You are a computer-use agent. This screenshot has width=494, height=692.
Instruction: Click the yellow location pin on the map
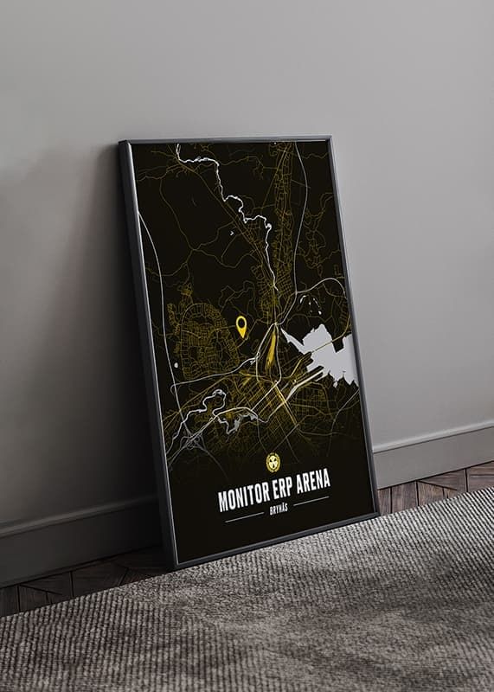coord(241,325)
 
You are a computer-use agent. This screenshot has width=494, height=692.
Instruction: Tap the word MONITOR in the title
coord(245,497)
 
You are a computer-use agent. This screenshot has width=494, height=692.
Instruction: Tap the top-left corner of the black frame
coord(122,144)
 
